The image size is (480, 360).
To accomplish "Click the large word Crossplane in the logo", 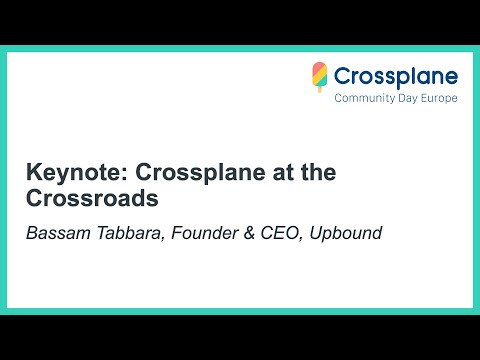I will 396,76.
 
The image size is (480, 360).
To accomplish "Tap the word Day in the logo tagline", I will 409,99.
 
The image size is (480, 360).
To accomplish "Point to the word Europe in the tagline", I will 440,99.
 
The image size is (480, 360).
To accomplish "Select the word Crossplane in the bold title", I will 183,172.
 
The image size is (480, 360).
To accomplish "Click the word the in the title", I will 313,172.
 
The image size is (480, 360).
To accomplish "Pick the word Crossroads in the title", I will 93,198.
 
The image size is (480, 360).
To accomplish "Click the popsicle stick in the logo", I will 320,89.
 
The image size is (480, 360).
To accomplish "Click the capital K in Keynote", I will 33,172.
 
